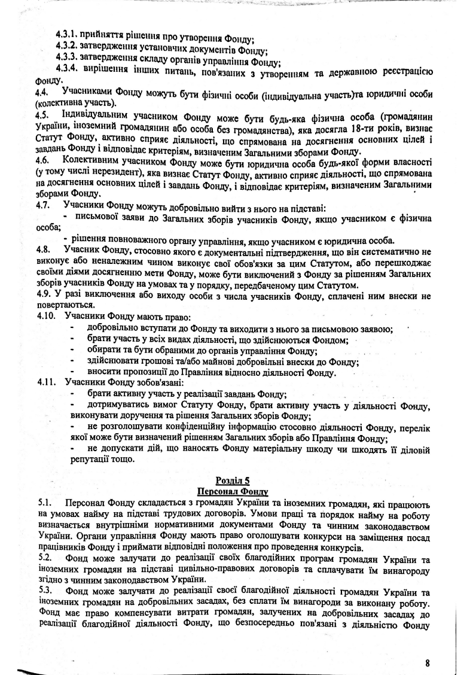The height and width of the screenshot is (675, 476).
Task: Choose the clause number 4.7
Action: pos(43,205)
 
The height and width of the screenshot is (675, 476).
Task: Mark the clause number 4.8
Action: pos(43,249)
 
